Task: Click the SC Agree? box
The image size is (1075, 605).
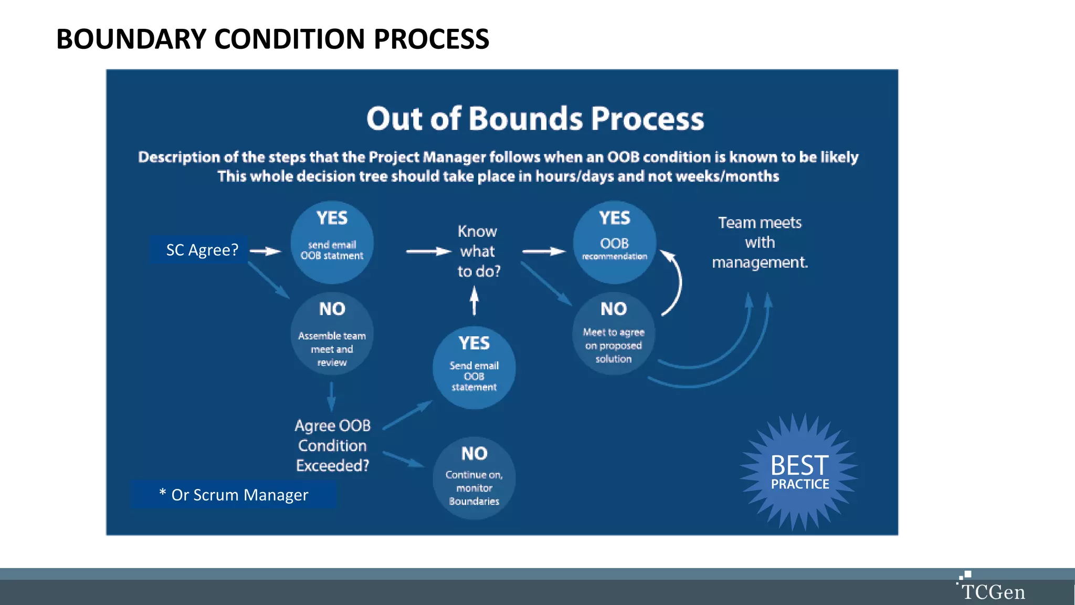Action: [x=202, y=250]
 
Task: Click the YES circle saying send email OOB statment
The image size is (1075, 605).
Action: [x=332, y=243]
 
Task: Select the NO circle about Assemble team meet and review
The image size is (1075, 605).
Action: [x=332, y=334]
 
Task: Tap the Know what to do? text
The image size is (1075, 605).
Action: [x=478, y=251]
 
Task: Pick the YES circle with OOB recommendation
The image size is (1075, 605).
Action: [x=614, y=243]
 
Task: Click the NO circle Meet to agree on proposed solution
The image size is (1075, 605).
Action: [x=614, y=334]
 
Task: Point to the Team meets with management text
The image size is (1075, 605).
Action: [x=760, y=243]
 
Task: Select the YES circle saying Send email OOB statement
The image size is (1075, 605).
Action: [x=474, y=368]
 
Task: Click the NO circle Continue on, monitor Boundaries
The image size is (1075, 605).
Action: [x=474, y=478]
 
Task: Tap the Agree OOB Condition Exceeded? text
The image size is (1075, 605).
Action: [x=333, y=445]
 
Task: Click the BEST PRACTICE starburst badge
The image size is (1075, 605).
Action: [x=799, y=472]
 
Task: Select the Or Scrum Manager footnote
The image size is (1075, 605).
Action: [x=234, y=495]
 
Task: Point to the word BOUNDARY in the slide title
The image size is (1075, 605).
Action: [x=131, y=39]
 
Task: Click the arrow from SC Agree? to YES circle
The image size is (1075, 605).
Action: [x=266, y=251]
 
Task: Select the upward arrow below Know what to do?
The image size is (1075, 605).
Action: [x=474, y=300]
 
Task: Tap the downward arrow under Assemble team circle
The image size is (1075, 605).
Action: [x=331, y=397]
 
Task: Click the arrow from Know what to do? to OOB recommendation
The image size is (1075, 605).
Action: [x=544, y=251]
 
